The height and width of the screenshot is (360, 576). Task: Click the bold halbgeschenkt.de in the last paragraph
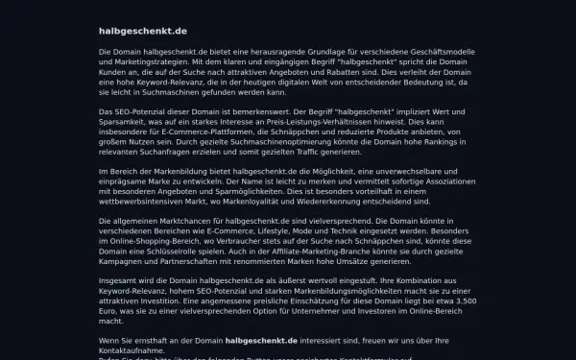click(267, 340)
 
